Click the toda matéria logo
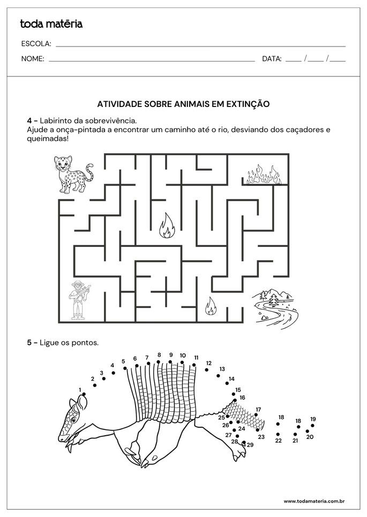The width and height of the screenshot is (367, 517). pos(51,24)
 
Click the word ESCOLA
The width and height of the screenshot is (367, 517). pos(36,43)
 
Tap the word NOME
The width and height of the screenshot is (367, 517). pos(32,59)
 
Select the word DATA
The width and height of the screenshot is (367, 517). pos(271,59)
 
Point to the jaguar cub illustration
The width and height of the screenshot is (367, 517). pos(73,174)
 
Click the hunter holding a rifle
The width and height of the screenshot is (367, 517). pos(79,300)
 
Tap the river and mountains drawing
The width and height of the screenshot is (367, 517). pos(275,308)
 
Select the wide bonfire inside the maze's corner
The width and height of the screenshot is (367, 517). pos(264,175)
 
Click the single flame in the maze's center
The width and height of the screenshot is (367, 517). pos(167,226)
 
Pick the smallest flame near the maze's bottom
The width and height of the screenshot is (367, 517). pos(211,306)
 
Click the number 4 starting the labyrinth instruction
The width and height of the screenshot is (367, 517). pos(29,120)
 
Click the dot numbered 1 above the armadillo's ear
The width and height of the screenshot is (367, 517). pos(84,394)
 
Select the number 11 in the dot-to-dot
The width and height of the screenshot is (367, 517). pos(196,358)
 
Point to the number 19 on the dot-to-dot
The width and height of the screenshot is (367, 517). pos(313,419)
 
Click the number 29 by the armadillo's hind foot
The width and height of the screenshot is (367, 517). pos(250,445)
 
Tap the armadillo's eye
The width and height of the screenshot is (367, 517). pos(73,420)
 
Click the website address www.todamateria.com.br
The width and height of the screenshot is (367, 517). pos(314,501)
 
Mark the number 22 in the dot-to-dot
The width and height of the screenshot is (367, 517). pos(279,441)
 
